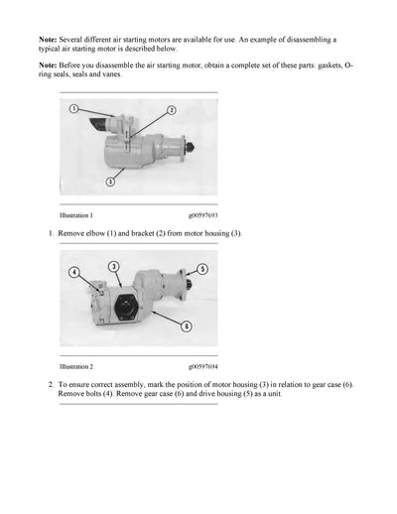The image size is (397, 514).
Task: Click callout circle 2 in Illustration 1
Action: (x=171, y=110)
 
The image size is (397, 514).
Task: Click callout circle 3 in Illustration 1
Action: (x=110, y=182)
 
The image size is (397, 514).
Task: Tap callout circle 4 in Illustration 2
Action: (x=72, y=272)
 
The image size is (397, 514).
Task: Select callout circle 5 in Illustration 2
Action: (x=202, y=269)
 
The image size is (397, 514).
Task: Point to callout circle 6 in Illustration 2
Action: (x=186, y=326)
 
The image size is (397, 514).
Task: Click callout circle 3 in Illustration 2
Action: (x=114, y=266)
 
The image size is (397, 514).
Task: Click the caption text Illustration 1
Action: (x=76, y=214)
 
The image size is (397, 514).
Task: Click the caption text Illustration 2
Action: (x=76, y=365)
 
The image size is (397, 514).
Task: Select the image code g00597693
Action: (x=204, y=214)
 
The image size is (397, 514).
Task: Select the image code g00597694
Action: (x=204, y=365)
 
